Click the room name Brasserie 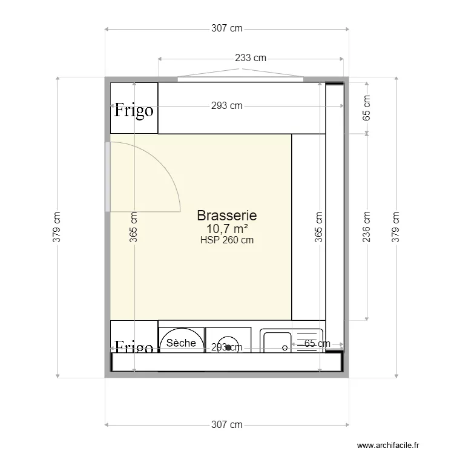[227, 215]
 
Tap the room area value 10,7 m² [227, 228]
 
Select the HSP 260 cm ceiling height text [227, 240]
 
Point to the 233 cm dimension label [251, 58]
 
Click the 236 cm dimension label [366, 226]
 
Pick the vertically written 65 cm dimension [366, 108]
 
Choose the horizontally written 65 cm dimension [317, 344]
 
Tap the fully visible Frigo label [134, 111]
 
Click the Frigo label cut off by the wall [134, 347]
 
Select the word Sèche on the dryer [181, 343]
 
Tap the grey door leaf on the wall [108, 177]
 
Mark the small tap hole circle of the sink [285, 348]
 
